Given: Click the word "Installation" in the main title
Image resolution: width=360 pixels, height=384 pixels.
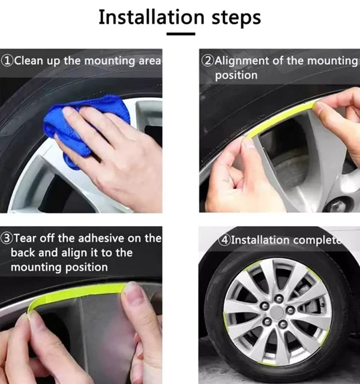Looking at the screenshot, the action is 151,17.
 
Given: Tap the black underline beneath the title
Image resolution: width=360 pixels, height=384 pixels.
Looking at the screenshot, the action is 181,34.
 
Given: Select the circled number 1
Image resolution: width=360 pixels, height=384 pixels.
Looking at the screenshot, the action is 7,61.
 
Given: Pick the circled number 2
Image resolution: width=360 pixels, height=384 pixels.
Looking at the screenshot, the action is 208,61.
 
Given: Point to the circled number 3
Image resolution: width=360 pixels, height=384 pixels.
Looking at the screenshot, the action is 6,238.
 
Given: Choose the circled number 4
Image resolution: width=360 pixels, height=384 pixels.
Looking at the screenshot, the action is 224,240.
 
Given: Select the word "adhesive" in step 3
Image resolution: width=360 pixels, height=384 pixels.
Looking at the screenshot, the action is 100,238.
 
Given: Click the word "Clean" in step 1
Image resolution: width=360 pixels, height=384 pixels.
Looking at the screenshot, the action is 29,61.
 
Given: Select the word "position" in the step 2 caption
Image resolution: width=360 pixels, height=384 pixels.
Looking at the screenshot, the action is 236,76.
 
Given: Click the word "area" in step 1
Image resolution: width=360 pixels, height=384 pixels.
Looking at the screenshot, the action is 150,61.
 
